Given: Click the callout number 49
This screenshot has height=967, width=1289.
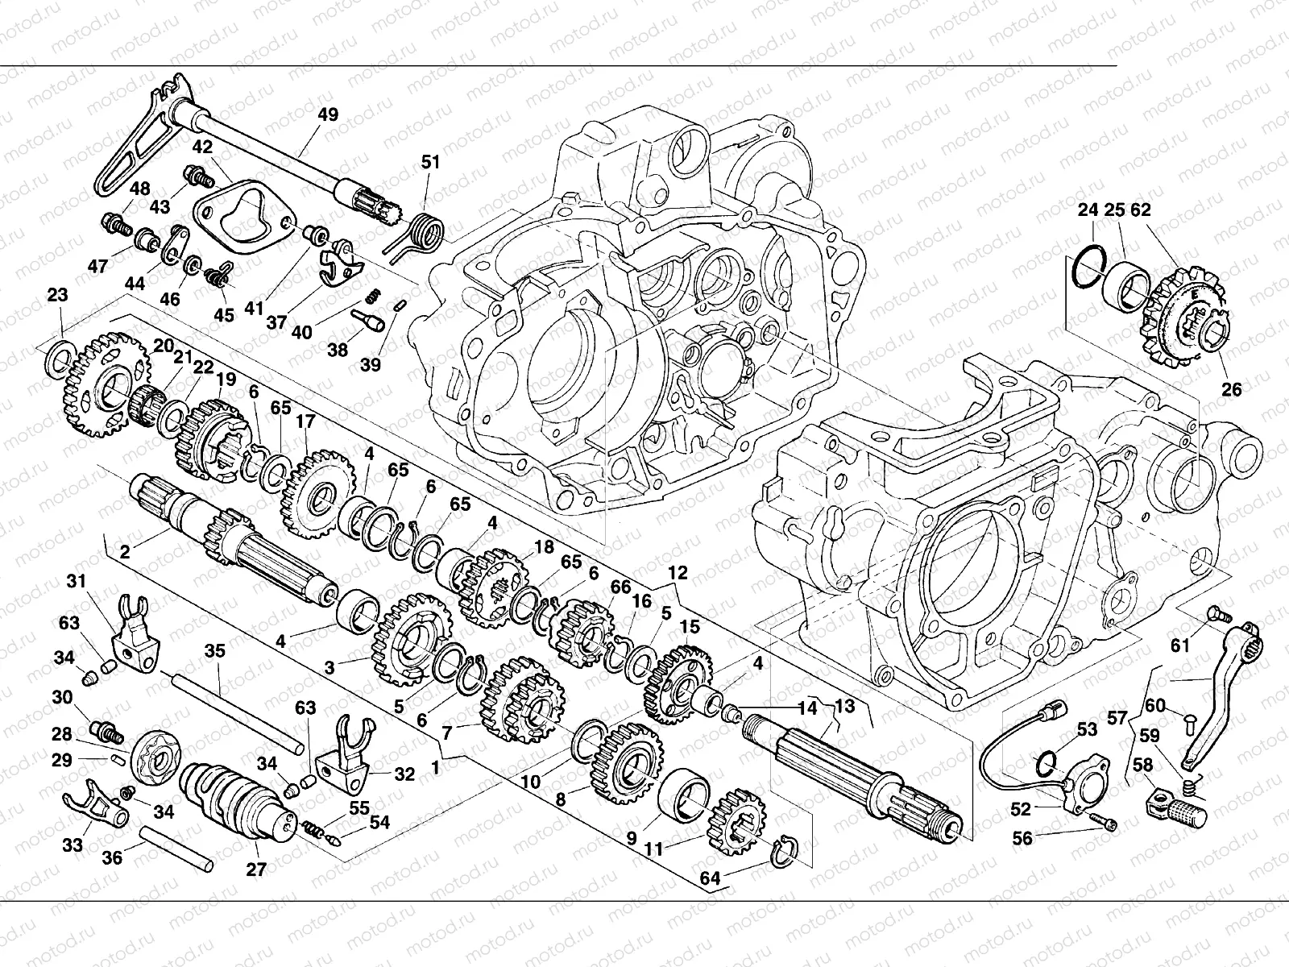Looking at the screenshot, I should point(328,114).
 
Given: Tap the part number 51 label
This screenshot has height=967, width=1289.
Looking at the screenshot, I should point(431,162).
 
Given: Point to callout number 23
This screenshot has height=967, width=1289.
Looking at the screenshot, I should point(57,296).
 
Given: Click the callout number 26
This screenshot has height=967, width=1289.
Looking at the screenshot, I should point(1232,390).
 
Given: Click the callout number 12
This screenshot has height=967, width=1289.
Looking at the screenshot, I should point(678,573).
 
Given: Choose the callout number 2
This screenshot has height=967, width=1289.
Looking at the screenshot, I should point(125,552).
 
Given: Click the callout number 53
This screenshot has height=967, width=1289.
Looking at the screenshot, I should point(1088,730).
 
